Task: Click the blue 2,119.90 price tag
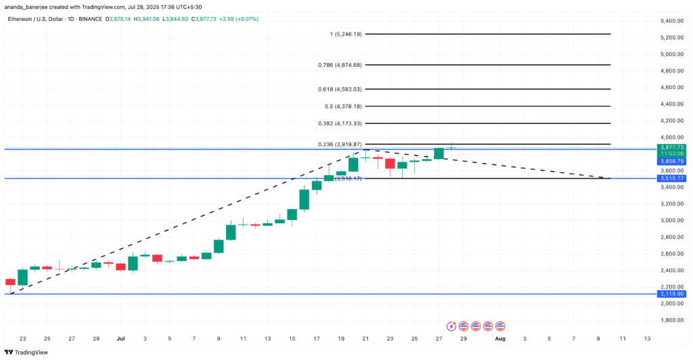coord(671,294)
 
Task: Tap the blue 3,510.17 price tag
coord(671,179)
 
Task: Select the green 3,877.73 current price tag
coord(671,148)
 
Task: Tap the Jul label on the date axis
coord(121,338)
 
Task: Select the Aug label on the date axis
coord(499,338)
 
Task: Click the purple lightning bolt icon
coord(452,325)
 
